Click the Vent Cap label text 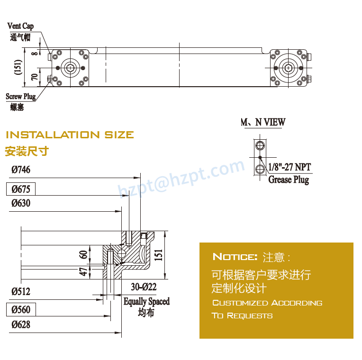coord(20,26)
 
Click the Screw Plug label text coord(20,97)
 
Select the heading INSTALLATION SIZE coord(70,135)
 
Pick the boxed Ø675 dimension coord(21,189)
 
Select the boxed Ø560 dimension coord(21,310)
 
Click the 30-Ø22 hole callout coord(144,287)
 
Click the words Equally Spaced coord(146,301)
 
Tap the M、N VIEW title coord(263,122)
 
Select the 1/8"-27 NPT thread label coord(290,167)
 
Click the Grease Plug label coord(289,180)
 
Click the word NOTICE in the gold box coord(235,257)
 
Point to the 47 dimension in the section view coord(83,272)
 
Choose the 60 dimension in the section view coord(83,254)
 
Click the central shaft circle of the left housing coord(71,68)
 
